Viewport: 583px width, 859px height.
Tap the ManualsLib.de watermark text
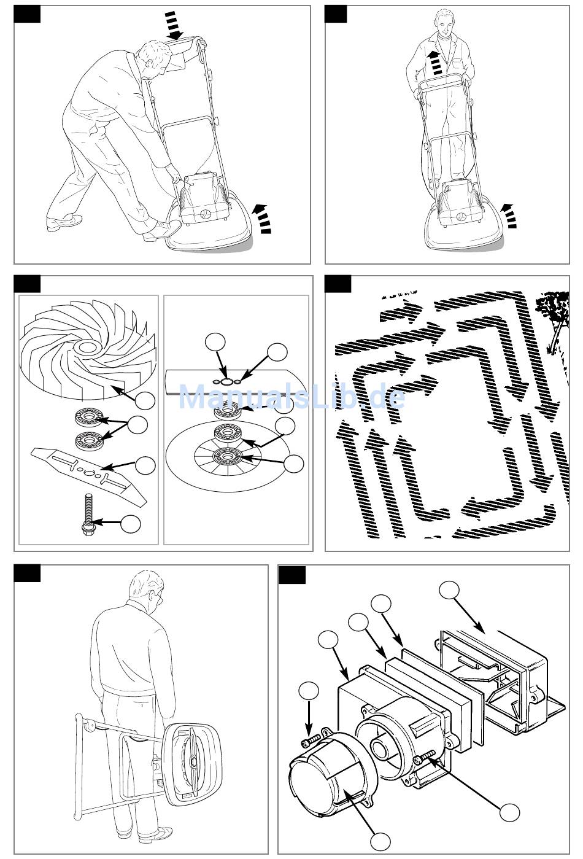tap(291, 398)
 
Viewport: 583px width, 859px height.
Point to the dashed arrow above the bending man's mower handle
tap(176, 27)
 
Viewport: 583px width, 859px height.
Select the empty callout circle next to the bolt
tap(131, 524)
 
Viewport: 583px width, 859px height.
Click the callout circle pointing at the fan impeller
tap(145, 401)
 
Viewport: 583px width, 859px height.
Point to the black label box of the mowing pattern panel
tap(338, 284)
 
